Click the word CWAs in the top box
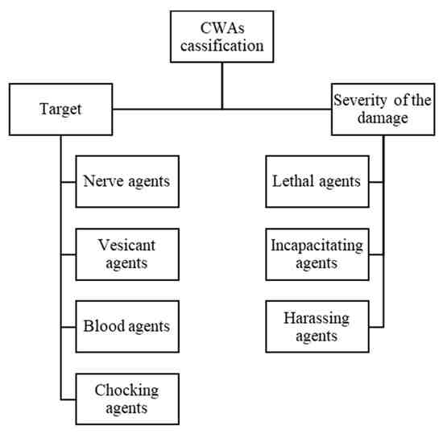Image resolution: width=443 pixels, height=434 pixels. click(x=222, y=28)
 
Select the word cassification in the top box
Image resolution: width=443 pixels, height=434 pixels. click(x=222, y=46)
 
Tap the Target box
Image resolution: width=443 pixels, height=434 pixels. click(x=60, y=110)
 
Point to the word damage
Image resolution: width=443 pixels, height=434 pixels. click(x=383, y=118)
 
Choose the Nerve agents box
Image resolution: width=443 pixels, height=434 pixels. click(x=127, y=181)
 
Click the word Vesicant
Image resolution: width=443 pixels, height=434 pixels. click(x=126, y=245)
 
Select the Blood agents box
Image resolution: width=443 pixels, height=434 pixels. click(x=127, y=326)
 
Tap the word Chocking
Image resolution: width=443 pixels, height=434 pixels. click(x=126, y=391)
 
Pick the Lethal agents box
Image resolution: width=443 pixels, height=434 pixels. click(x=317, y=181)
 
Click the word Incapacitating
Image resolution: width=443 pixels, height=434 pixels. click(x=317, y=246)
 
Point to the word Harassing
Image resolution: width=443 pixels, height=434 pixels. click(x=317, y=319)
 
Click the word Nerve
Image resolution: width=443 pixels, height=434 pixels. click(x=104, y=181)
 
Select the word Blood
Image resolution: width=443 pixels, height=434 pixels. click(x=104, y=326)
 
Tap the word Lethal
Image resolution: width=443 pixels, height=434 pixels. click(x=293, y=181)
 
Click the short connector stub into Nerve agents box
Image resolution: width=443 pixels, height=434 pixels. click(x=68, y=182)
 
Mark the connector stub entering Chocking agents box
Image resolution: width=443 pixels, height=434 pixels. click(x=68, y=399)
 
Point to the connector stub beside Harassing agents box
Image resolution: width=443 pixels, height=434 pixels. click(x=376, y=327)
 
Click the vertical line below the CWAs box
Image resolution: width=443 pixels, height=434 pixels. click(x=222, y=85)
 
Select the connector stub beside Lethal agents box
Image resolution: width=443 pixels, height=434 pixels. click(x=376, y=182)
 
